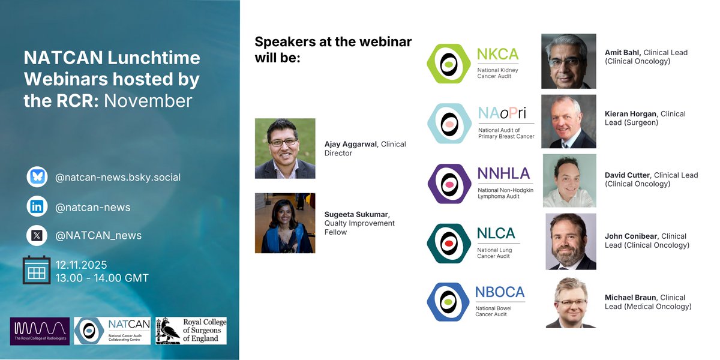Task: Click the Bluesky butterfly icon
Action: pos(37,178)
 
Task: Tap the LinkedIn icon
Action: pos(37,207)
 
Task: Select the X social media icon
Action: pos(37,235)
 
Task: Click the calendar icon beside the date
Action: pos(36,270)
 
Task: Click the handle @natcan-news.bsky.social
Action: pos(118,178)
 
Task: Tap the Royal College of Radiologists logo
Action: pos(40,331)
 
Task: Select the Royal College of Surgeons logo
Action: pos(191,331)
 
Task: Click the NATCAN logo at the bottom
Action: pos(112,331)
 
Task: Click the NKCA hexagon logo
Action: pos(448,64)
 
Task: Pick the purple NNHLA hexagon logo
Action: pos(448,183)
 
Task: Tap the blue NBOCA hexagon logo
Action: pos(448,302)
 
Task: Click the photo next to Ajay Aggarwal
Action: pos(285,148)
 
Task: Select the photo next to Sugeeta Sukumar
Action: pos(285,223)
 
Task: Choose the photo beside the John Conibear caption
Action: pos(571,241)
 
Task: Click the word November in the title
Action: pos(148,100)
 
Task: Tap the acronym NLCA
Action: pos(496,233)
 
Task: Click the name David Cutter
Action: pos(627,175)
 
